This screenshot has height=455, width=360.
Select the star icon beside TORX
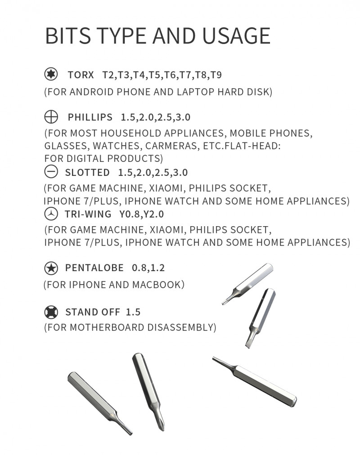click(50, 74)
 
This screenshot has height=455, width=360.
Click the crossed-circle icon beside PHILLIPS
click(51, 117)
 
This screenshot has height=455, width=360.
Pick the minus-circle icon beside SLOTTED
click(51, 172)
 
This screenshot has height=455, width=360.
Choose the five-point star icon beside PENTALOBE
click(51, 268)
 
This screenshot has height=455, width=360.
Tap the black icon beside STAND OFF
click(51, 312)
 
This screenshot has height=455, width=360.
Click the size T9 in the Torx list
click(216, 75)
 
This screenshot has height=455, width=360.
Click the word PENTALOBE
click(94, 268)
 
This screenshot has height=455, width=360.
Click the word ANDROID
click(92, 93)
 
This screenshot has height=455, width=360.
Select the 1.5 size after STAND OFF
click(133, 312)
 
